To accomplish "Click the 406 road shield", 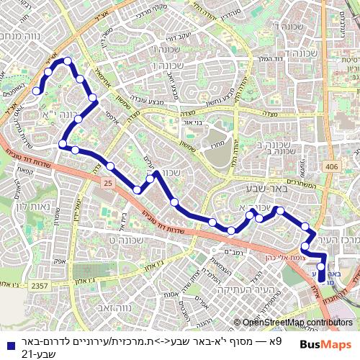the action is pos(331,166).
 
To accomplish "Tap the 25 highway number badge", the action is pos(108,184).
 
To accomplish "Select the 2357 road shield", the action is pos(41,286).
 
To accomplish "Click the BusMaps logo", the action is pos(325,345).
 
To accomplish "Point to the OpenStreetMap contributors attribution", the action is pos(297,323).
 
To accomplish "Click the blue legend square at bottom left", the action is pos(6,345).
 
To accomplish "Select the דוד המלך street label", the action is pos(273,58).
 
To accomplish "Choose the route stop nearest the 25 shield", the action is pos(110,166).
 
